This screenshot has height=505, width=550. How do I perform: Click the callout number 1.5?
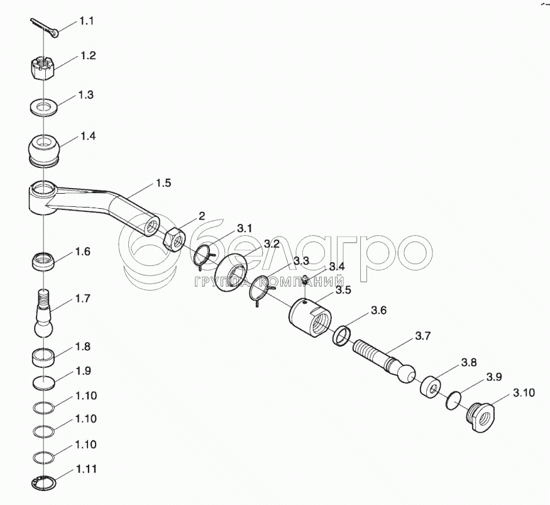163,183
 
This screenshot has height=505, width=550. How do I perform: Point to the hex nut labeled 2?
173,240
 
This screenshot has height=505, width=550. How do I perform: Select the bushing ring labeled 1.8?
43,358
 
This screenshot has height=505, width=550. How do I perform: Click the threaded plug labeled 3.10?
481,417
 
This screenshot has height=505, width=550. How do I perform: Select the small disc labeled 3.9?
454,400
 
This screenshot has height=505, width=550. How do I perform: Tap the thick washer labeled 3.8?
430,388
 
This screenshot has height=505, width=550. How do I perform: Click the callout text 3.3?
301,261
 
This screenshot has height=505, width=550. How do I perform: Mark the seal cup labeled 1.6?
43,262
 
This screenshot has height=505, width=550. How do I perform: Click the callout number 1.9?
83,371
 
